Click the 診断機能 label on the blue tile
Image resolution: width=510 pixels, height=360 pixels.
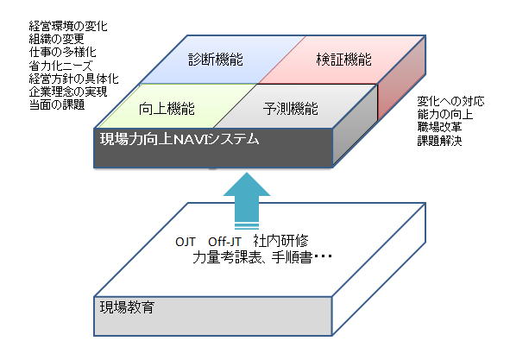[216, 60]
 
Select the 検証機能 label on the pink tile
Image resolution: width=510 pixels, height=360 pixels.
[343, 60]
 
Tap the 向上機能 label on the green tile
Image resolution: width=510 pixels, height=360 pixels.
[167, 109]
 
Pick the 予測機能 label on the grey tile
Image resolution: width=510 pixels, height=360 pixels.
[291, 109]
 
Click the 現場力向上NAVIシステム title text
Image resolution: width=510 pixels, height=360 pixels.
[179, 139]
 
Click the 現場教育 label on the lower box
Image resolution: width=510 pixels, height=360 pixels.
[127, 307]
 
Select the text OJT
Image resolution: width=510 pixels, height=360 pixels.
[186, 242]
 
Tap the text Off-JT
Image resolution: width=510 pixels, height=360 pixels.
[224, 242]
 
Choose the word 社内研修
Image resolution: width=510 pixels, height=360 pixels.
[281, 241]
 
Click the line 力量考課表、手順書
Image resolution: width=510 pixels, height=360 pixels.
[252, 257]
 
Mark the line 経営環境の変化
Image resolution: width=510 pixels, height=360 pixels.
[68, 26]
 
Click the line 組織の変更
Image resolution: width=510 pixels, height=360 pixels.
[57, 39]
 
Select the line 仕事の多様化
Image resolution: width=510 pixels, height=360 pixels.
[62, 52]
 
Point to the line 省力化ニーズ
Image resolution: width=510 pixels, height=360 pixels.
[60, 66]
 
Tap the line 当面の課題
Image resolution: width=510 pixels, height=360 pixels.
[57, 104]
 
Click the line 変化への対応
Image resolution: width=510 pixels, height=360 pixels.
[450, 101]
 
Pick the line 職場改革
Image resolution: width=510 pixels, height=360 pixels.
[439, 127]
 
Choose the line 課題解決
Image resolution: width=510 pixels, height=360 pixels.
[439, 141]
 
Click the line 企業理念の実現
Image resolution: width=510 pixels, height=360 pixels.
[68, 92]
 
